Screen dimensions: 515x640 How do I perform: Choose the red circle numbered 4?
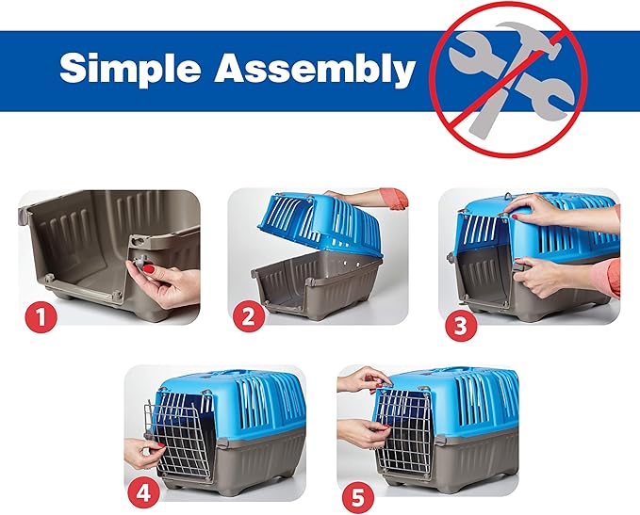tap(143, 489)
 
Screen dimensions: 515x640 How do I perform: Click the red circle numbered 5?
tap(356, 489)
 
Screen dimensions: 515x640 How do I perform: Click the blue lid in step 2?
tap(306, 227)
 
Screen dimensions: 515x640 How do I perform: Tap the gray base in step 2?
tap(316, 283)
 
